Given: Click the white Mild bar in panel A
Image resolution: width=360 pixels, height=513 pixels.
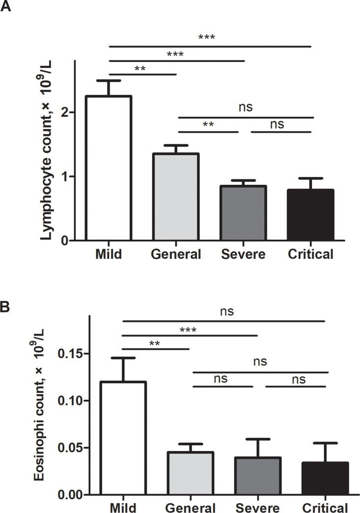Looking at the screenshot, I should (109, 168).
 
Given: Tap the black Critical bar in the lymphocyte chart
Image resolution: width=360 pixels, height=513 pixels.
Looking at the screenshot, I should (311, 215).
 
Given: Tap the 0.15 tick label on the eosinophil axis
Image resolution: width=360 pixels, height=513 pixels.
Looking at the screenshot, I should (70, 354).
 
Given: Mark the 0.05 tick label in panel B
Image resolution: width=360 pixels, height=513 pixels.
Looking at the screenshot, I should (70, 448).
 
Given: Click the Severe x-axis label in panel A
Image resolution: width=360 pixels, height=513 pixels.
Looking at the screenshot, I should (243, 255).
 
